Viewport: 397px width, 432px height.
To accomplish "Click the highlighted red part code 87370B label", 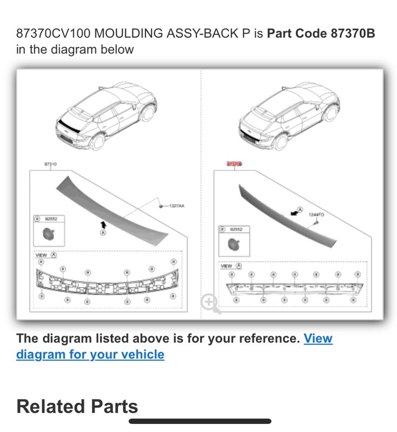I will coord(234,163).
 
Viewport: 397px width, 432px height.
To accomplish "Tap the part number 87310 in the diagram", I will coord(51,163).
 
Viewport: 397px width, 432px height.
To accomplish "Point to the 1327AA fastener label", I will coord(176,206).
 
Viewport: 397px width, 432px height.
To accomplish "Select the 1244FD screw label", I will coord(316,215).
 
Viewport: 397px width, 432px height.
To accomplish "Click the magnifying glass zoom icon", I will coord(210,303).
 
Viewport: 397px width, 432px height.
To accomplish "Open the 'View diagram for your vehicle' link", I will coord(90,355).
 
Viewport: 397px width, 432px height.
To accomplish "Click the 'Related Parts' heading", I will coord(77,406).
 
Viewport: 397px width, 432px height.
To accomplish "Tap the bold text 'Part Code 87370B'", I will coord(321,34).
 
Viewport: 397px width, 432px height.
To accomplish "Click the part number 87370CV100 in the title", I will coord(53,34).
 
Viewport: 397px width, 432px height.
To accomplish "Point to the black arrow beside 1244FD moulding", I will coord(295,213).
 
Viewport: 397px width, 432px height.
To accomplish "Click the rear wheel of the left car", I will coord(98,142).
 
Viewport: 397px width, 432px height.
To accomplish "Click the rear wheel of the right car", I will coord(281,142).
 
